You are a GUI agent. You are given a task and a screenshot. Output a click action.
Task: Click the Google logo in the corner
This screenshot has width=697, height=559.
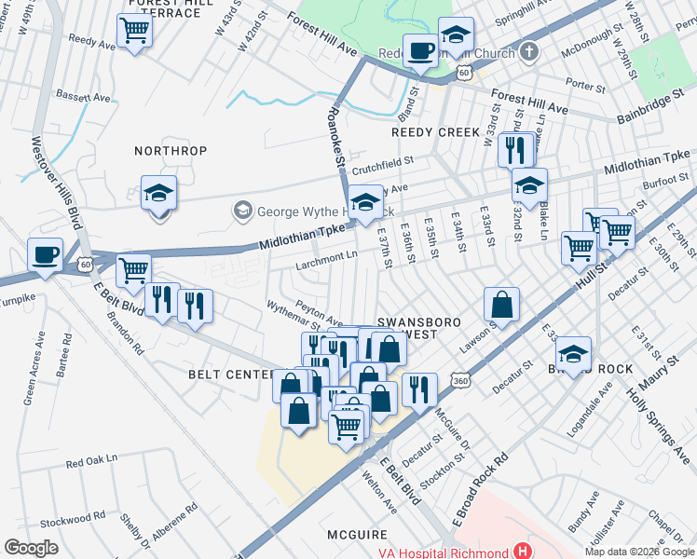[x=31, y=548]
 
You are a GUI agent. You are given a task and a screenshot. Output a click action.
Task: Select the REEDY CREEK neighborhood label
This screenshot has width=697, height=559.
[x=435, y=132]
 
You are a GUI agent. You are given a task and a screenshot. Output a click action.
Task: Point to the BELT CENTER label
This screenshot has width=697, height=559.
[x=229, y=375]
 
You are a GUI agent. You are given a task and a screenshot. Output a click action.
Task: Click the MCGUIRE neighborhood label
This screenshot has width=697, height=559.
[x=357, y=535]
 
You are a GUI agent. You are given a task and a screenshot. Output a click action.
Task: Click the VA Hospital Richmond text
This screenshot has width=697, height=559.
[x=447, y=551]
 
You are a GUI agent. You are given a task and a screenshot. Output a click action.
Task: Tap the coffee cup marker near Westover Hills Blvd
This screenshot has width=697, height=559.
[x=45, y=254]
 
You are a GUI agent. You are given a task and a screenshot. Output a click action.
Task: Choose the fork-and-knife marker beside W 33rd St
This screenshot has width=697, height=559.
[x=515, y=148]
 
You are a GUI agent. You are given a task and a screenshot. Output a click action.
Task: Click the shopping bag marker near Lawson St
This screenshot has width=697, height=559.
[x=501, y=305]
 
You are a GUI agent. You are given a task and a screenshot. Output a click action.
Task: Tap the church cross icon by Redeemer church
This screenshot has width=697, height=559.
[x=528, y=52]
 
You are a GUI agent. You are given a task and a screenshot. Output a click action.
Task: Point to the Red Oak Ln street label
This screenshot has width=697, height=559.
[x=92, y=459]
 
